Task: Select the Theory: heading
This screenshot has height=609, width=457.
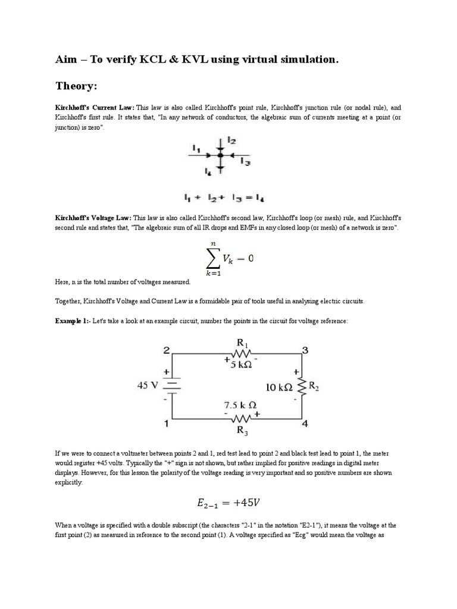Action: tap(76, 86)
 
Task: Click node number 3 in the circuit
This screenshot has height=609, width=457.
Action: tap(305, 351)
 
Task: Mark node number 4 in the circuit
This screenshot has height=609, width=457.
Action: tap(305, 424)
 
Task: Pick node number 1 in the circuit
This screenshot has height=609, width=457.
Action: tap(167, 424)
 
